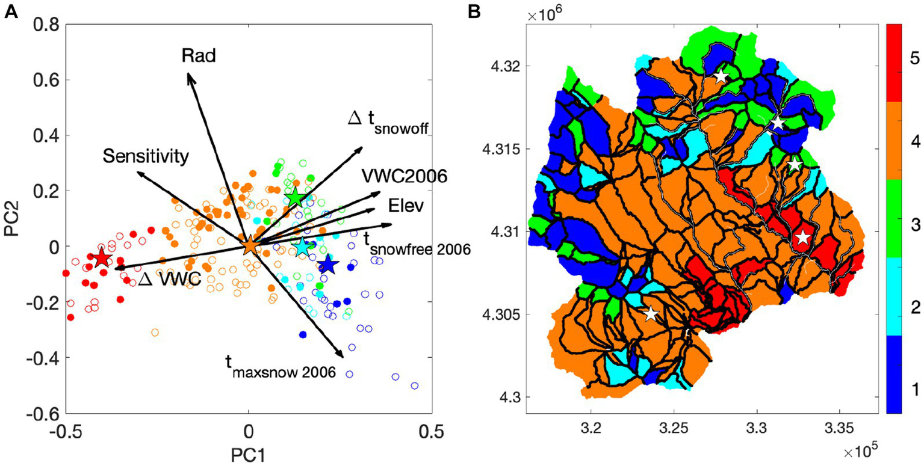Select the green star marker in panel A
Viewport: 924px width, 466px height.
295,198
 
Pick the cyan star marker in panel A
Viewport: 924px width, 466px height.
303,247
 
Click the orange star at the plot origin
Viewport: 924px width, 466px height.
250,246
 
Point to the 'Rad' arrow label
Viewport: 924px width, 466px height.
199,56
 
